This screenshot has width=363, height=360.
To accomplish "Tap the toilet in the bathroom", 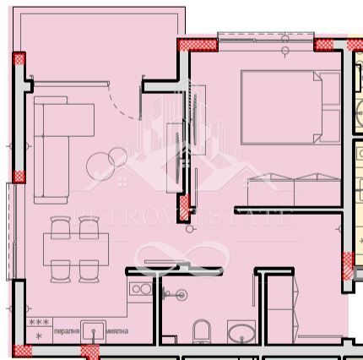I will [203, 331].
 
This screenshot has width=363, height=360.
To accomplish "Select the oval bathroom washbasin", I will [241, 332].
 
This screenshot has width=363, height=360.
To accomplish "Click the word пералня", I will [67, 330].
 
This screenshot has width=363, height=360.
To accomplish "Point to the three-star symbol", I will [37, 322].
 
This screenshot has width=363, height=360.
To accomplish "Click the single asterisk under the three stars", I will [38, 335].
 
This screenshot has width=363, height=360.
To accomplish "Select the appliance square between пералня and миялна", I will [94, 330].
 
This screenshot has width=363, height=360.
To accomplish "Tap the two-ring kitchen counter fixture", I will [141, 289].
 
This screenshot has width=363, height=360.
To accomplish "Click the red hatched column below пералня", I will [89, 351].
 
